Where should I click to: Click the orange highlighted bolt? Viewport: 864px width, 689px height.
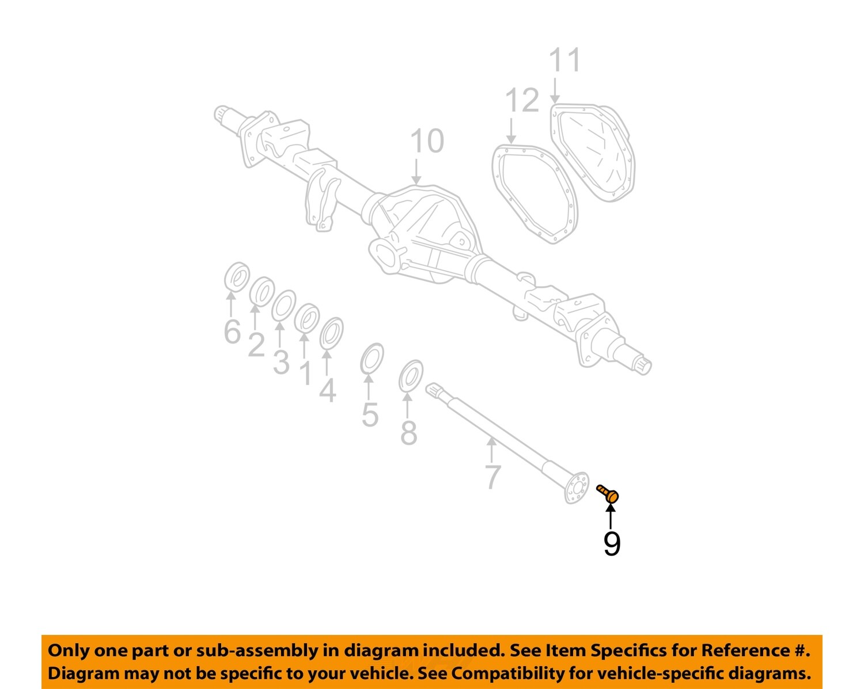(x=608, y=493)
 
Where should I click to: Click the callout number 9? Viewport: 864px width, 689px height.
(x=612, y=543)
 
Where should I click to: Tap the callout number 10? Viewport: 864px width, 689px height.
(x=427, y=142)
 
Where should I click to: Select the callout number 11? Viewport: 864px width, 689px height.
(x=564, y=60)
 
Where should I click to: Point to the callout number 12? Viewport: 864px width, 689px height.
(x=522, y=101)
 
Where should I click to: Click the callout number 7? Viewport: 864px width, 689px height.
(x=492, y=477)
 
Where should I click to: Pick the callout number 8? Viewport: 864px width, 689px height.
(x=408, y=433)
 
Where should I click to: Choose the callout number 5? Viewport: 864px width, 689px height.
(x=370, y=414)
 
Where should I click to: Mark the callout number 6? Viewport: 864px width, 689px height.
(x=232, y=332)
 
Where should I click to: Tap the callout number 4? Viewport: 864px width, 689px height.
(x=327, y=391)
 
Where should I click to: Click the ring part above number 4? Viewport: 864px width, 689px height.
(x=331, y=333)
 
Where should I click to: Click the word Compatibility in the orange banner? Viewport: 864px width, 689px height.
(x=507, y=673)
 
